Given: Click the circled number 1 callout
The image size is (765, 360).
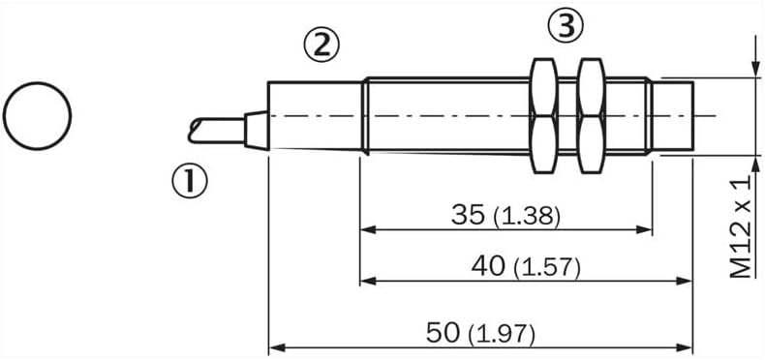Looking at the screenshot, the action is (189, 181).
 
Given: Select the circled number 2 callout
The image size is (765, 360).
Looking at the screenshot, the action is (321, 45).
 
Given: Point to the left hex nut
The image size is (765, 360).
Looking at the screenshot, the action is (543, 115).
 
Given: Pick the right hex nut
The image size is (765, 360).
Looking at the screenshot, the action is (591, 115).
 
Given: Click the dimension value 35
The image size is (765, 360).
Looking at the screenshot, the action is (469, 215).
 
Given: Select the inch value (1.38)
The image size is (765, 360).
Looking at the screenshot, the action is (527, 217).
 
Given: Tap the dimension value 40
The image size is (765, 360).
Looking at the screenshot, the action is (488, 266).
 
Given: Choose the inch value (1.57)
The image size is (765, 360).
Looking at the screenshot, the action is (547, 269).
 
